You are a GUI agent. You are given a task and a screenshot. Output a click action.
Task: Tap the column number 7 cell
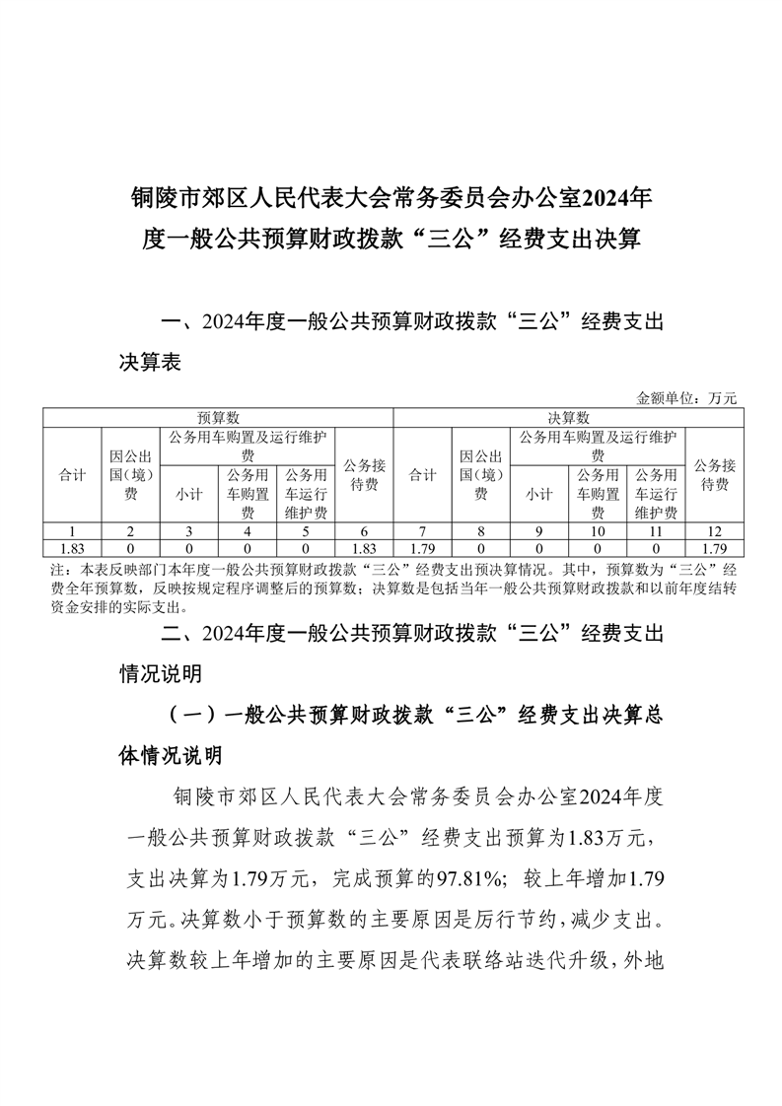click(423, 530)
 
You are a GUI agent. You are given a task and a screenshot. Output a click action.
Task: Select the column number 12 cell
click(714, 530)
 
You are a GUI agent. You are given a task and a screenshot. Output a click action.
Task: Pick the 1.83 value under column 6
click(365, 547)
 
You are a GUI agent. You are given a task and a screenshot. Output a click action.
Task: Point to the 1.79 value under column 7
click(423, 547)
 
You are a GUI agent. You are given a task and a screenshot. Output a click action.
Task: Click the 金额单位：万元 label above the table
click(686, 398)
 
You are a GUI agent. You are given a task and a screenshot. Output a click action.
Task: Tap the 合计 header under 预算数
click(72, 475)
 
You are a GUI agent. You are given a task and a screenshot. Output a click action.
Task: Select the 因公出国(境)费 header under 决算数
click(481, 475)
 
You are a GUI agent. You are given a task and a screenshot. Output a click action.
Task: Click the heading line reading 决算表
click(149, 363)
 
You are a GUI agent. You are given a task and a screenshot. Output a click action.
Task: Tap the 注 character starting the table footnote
click(54, 571)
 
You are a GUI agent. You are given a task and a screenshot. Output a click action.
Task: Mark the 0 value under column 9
click(538, 547)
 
